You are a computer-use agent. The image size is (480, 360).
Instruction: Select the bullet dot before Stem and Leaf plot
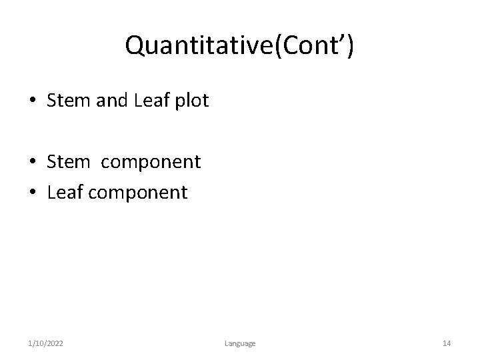pos(32,102)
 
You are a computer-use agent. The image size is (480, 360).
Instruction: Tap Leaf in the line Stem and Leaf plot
pos(153,101)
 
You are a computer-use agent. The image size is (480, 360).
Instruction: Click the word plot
pos(193,101)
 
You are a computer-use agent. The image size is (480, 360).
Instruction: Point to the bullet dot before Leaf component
pos(32,194)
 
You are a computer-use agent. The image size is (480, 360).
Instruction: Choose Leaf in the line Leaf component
pos(63,193)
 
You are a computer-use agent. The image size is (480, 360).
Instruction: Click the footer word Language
pos(239,343)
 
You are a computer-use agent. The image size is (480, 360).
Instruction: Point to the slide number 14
pos(447,343)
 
